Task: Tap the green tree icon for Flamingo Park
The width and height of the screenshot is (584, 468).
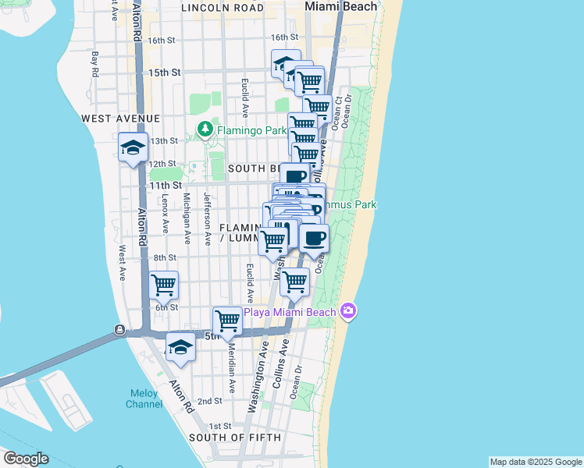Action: coord(205,129)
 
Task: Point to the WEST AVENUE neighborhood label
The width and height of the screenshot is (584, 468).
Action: coord(120,118)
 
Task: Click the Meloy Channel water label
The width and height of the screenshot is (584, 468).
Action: coord(144,399)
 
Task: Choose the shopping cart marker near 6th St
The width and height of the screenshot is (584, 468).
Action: coord(164,285)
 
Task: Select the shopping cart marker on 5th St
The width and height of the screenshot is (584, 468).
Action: coord(227,321)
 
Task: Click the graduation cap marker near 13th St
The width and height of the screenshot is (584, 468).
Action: coord(134,147)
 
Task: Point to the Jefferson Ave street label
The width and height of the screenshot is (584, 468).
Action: coord(208,219)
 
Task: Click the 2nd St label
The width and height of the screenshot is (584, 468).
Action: coord(209,401)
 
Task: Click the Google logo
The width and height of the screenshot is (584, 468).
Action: coord(26,459)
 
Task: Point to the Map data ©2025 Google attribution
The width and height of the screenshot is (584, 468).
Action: coord(536,462)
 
